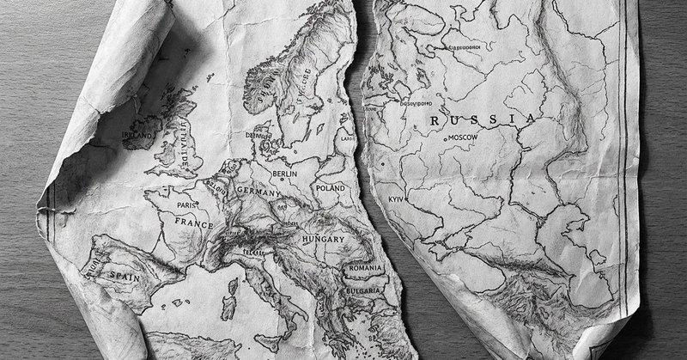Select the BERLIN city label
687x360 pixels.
point(284,174)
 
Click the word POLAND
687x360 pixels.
point(331,186)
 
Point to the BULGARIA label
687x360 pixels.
point(364,291)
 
